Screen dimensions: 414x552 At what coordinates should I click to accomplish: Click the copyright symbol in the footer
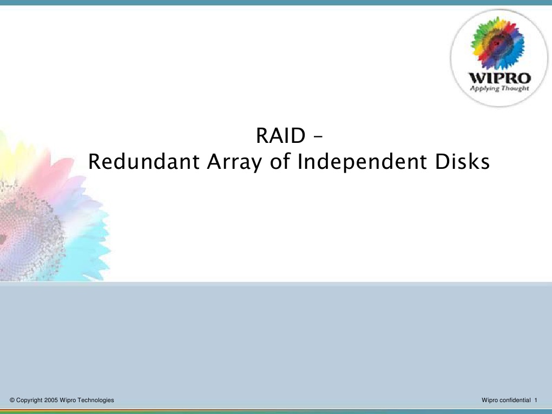(x=12, y=400)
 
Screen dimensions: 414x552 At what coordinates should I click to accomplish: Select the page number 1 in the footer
(x=535, y=400)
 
